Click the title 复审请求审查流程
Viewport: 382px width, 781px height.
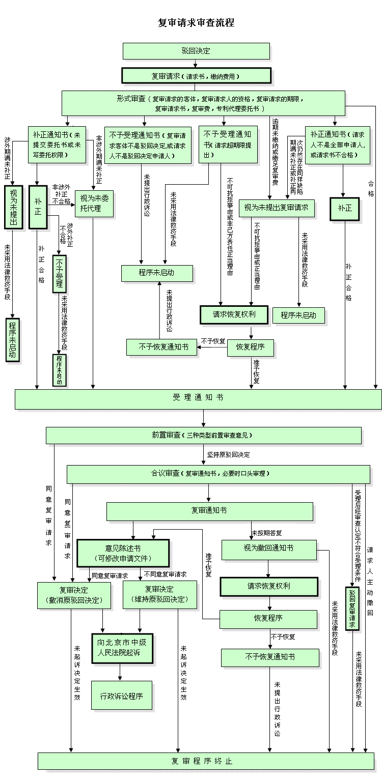(x=196, y=23)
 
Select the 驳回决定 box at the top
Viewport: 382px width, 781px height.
(x=196, y=51)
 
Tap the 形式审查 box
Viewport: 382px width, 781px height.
(x=203, y=103)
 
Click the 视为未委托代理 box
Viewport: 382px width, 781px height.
(x=94, y=204)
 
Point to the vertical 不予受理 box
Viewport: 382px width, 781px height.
(x=60, y=274)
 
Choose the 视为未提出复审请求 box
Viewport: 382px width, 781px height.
(x=277, y=208)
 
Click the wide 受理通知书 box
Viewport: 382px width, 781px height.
(x=198, y=399)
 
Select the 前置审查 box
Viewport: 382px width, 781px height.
(x=203, y=436)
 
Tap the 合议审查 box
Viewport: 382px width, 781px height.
(x=218, y=474)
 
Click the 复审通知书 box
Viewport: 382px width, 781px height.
(x=209, y=511)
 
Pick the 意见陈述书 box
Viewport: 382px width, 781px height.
(x=123, y=553)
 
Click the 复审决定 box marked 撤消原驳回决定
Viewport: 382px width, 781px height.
(x=74, y=595)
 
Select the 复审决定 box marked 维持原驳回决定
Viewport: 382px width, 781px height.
(x=159, y=595)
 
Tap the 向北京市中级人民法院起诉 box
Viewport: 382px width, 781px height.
(x=122, y=648)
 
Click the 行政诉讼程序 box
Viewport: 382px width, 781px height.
(x=122, y=695)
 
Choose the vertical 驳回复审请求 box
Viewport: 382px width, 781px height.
(x=352, y=609)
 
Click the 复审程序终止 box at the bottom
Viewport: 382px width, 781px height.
(x=202, y=761)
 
